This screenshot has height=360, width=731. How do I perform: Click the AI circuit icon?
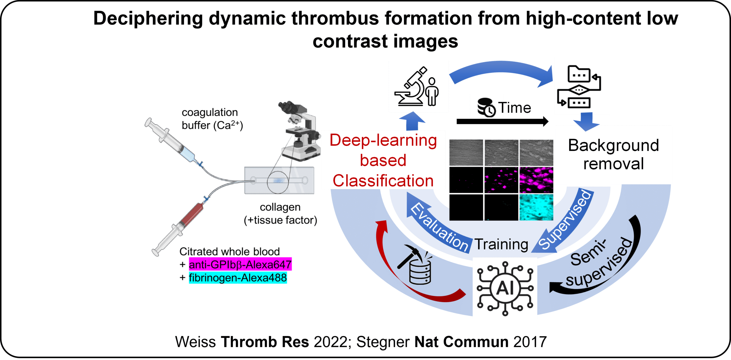click(505, 288)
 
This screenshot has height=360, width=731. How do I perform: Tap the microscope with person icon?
click(419, 86)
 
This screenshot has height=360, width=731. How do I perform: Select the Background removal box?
click(613, 155)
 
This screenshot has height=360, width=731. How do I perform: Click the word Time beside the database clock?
click(515, 108)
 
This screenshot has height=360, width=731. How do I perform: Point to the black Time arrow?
click(503, 121)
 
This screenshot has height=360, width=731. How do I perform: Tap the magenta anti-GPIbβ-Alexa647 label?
click(240, 265)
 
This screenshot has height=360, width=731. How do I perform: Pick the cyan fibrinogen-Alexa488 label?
click(238, 278)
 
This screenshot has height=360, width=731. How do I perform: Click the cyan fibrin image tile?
click(536, 207)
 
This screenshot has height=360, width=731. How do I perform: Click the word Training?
click(501, 245)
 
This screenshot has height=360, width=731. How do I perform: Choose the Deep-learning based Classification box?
click(383, 160)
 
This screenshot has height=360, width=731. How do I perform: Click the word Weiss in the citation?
click(196, 342)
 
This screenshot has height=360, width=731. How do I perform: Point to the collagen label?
click(280, 207)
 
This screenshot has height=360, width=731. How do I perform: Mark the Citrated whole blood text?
click(230, 251)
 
